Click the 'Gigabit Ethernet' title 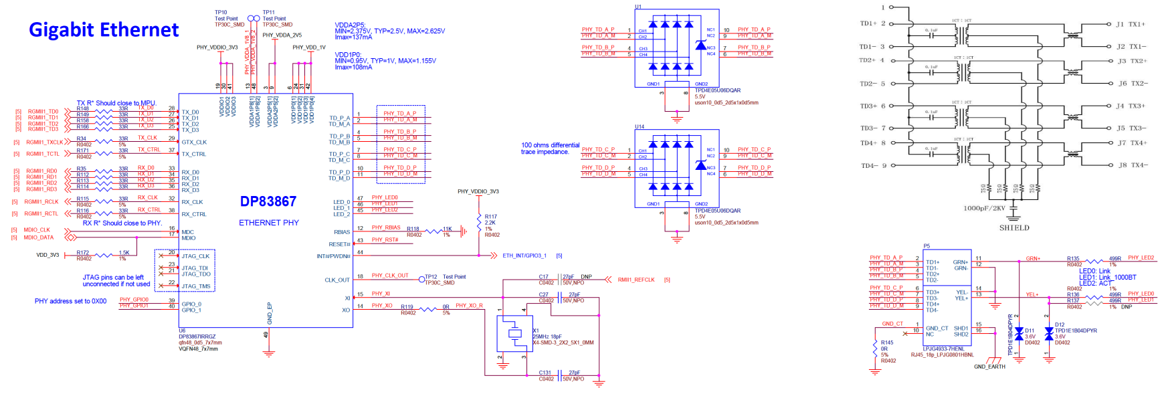[104, 30]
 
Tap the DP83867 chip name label [268, 201]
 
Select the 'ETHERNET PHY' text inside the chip [269, 223]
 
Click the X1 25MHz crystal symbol [514, 333]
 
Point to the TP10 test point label [221, 12]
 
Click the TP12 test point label [431, 276]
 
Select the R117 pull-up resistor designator [491, 217]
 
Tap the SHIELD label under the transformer [1014, 228]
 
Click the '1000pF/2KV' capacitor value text [984, 208]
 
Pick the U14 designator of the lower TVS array [640, 126]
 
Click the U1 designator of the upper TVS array [638, 7]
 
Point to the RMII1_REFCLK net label [636, 280]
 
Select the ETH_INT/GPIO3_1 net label [524, 256]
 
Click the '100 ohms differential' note [550, 145]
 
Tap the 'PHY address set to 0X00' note [70, 301]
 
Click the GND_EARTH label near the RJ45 [989, 367]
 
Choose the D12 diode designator [1060, 325]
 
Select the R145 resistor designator [887, 342]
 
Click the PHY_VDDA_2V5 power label [282, 35]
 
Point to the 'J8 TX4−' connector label [1132, 165]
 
